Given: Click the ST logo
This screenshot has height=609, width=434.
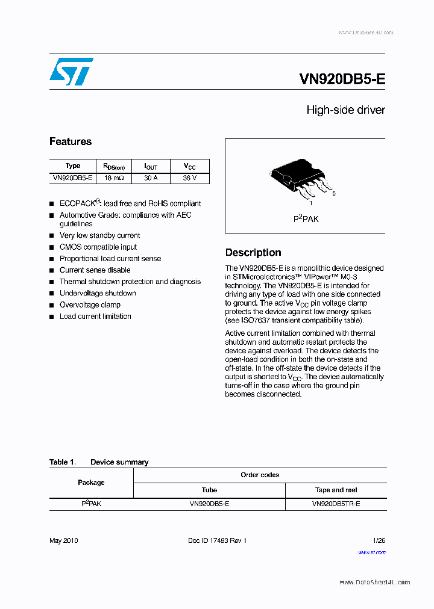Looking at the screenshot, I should coord(71,72).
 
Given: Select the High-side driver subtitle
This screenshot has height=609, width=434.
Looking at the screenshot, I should coord(345,110).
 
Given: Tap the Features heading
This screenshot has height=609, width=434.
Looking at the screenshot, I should coord(71,142).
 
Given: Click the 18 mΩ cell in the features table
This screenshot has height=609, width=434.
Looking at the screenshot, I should coord(114,178).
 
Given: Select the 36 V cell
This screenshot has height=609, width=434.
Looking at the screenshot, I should coord(189,178).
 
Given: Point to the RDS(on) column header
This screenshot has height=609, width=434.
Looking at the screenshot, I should coord(114,167).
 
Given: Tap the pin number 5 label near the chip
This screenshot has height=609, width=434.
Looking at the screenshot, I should coord(333,194).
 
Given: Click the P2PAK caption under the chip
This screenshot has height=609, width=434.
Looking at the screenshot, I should coord(306,219).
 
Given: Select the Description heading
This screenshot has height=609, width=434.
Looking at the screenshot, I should coord(253,253).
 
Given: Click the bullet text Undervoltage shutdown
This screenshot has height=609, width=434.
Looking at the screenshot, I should coord(98,293).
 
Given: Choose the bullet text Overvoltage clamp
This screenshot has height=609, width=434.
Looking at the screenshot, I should coord(90,305).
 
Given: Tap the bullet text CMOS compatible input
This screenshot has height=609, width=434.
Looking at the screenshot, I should coord(98,247).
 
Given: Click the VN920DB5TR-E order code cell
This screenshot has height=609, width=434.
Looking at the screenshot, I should coord(336,503).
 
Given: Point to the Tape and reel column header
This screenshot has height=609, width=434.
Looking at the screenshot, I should coord(336,490).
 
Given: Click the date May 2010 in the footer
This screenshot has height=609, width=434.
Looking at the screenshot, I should coord(63,540).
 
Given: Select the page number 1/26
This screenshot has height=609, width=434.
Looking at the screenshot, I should coord(379,540).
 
